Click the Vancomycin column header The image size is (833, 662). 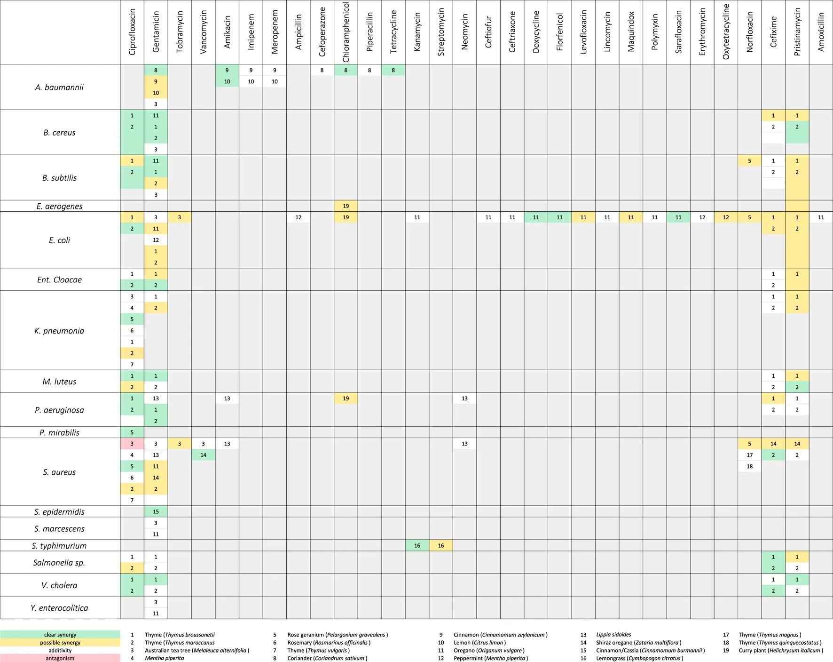click(x=203, y=32)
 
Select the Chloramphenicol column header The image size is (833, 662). click(x=346, y=32)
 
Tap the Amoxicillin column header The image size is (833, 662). click(x=821, y=32)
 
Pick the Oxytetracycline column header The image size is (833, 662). click(x=726, y=32)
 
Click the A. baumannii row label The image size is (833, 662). click(x=59, y=88)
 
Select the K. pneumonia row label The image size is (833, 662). click(x=59, y=331)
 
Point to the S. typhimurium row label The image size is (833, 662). click(x=59, y=546)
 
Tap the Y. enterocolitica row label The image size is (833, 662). click(x=59, y=608)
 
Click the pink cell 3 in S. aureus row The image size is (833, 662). click(x=132, y=444)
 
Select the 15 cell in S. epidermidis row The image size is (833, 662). click(x=156, y=511)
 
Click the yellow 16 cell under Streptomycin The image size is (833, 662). click(x=441, y=546)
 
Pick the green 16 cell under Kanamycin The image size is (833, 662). click(x=417, y=546)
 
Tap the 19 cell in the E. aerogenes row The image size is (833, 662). click(x=346, y=206)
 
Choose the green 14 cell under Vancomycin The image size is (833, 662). click(x=203, y=455)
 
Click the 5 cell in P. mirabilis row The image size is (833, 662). click(x=132, y=432)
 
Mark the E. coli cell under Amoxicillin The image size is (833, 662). click(x=821, y=217)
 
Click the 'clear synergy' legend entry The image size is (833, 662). click(x=60, y=635)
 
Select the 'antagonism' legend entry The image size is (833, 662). click(x=60, y=658)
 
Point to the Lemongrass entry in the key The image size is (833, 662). click(x=639, y=658)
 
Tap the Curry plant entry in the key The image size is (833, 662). click(x=780, y=650)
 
